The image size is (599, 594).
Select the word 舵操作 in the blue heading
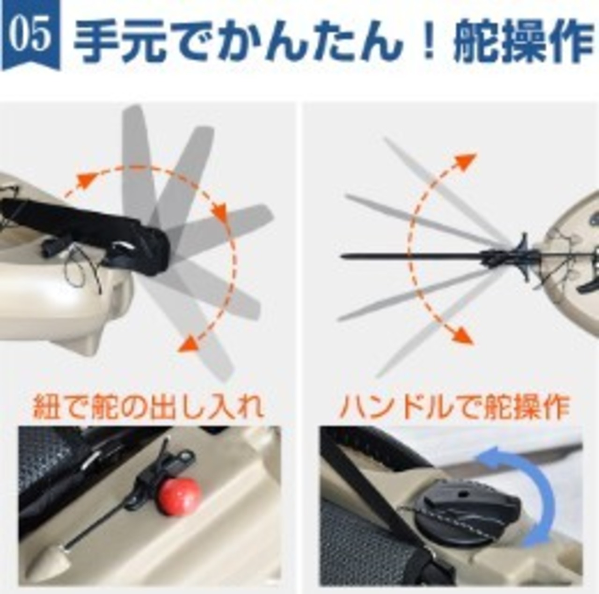pos(526,40)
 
